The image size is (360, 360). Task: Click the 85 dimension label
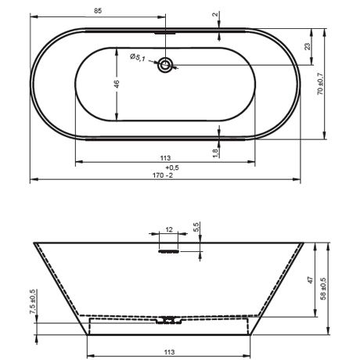point(97,10)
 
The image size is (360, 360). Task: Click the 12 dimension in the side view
point(169,230)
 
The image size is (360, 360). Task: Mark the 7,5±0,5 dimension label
point(32,302)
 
